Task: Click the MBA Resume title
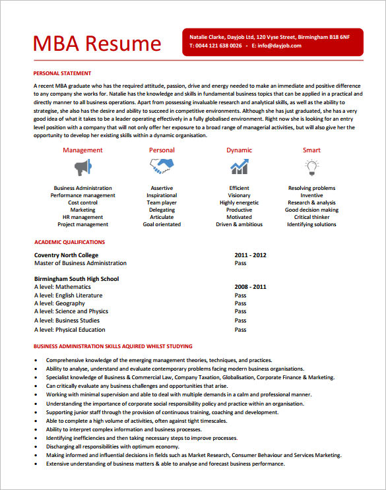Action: click(x=97, y=44)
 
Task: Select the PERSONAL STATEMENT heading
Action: click(x=62, y=73)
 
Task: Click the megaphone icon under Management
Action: click(x=82, y=167)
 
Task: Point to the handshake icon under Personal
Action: click(x=162, y=167)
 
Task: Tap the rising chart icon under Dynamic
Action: click(x=239, y=166)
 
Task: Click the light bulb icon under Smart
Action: click(x=311, y=166)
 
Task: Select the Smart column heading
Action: click(x=311, y=150)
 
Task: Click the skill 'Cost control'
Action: click(x=83, y=202)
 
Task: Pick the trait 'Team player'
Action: click(x=162, y=202)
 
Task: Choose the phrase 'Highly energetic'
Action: click(x=239, y=202)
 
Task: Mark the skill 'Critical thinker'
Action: click(x=311, y=217)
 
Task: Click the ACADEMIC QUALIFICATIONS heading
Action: click(x=69, y=242)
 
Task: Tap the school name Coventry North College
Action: click(x=66, y=255)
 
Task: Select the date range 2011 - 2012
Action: click(x=250, y=255)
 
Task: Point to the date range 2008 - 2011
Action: click(x=250, y=287)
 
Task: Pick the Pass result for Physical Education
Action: click(x=240, y=330)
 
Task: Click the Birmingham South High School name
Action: click(x=76, y=279)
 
